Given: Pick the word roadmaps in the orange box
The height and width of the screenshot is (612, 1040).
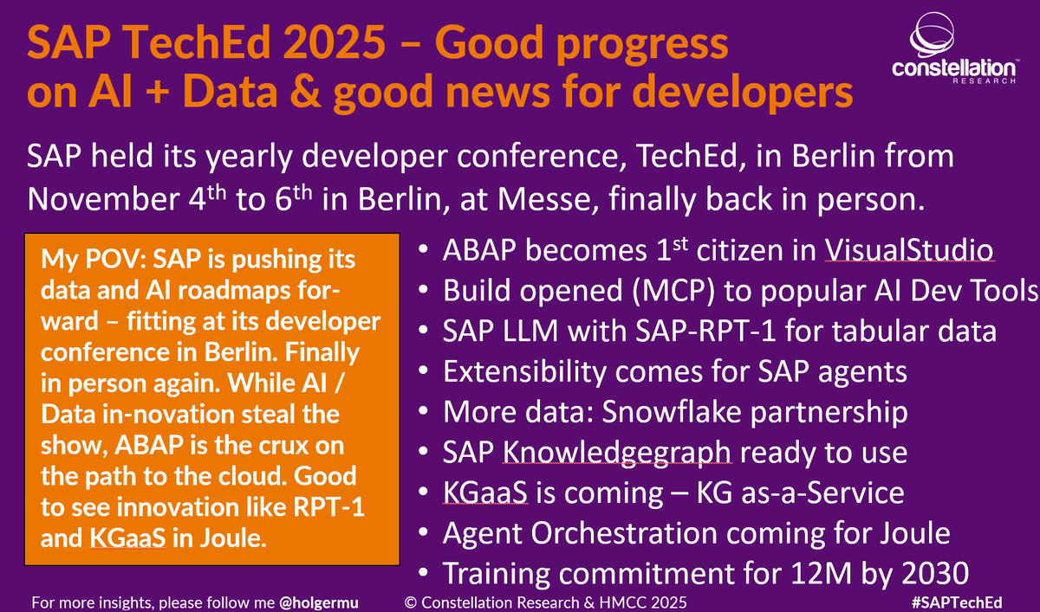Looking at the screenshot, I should pyautogui.click(x=257, y=291).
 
